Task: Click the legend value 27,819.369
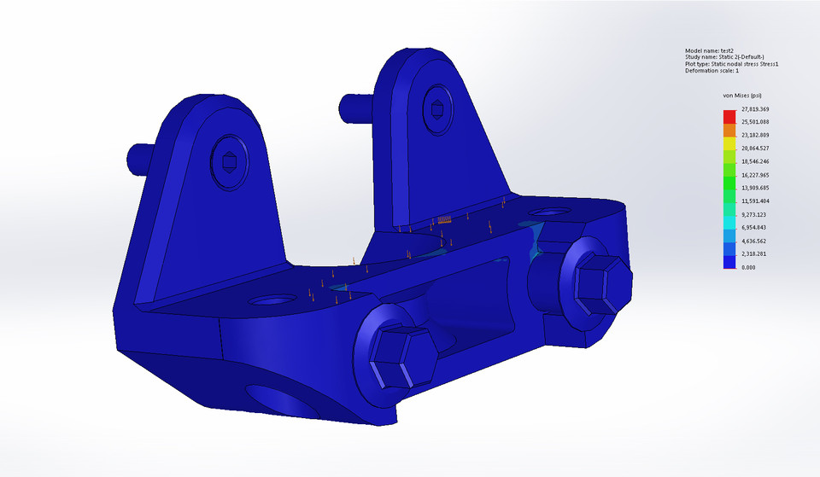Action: click(755, 110)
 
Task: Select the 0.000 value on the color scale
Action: click(747, 267)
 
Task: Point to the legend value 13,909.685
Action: click(755, 188)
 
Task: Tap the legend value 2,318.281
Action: click(754, 254)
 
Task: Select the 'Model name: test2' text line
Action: click(710, 51)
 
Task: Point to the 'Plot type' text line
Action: click(731, 64)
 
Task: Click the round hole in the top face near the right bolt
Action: click(547, 210)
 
